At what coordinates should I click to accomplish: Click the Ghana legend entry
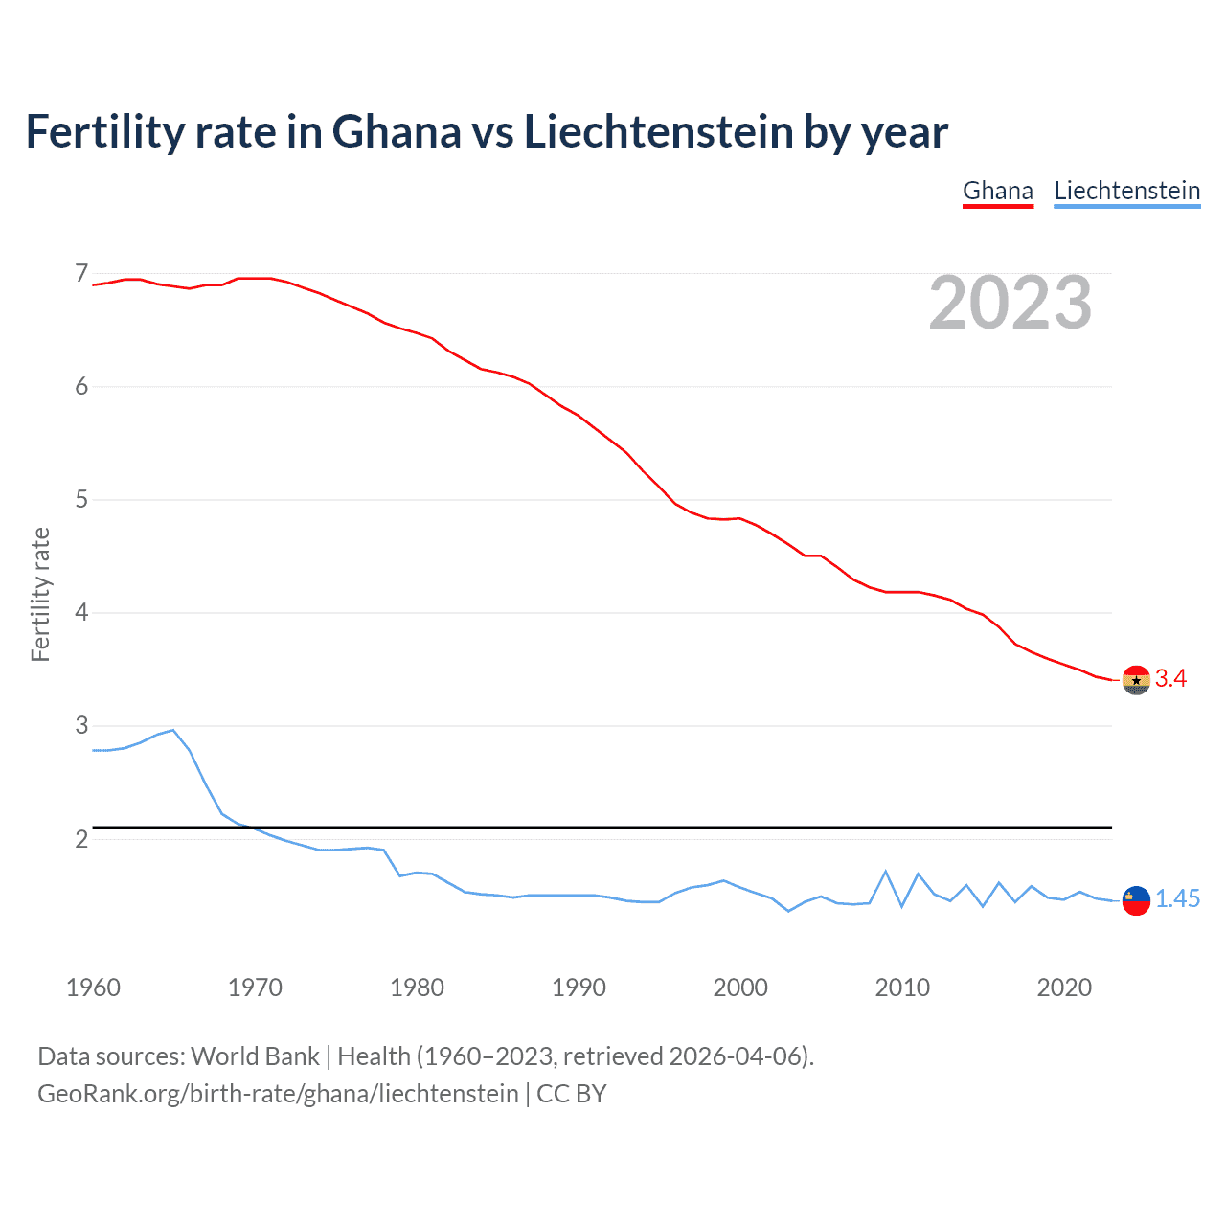tap(997, 191)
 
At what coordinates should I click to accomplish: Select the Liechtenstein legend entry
tap(1126, 191)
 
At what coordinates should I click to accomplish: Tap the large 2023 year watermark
tap(1010, 303)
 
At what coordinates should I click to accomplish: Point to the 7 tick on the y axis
tap(81, 274)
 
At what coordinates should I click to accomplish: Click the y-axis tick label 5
tap(81, 499)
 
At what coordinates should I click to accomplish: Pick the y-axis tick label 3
tap(81, 725)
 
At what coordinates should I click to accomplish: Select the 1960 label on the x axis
tap(93, 988)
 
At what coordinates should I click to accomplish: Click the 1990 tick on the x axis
tap(579, 988)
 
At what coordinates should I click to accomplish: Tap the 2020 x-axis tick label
tap(1064, 988)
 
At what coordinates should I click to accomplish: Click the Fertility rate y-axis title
tap(40, 594)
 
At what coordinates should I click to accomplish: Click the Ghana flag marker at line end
tap(1136, 680)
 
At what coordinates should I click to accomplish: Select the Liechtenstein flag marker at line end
tap(1136, 900)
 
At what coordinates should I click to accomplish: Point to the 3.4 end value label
tap(1170, 679)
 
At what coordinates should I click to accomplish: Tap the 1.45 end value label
tap(1177, 899)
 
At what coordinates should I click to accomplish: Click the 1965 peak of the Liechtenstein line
tap(173, 730)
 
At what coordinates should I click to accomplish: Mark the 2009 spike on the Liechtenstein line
tap(886, 872)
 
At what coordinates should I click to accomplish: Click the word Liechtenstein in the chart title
tap(659, 132)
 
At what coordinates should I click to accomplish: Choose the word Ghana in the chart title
tap(396, 132)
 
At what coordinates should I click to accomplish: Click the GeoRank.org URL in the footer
tap(278, 1094)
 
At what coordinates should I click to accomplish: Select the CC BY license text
tap(572, 1094)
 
